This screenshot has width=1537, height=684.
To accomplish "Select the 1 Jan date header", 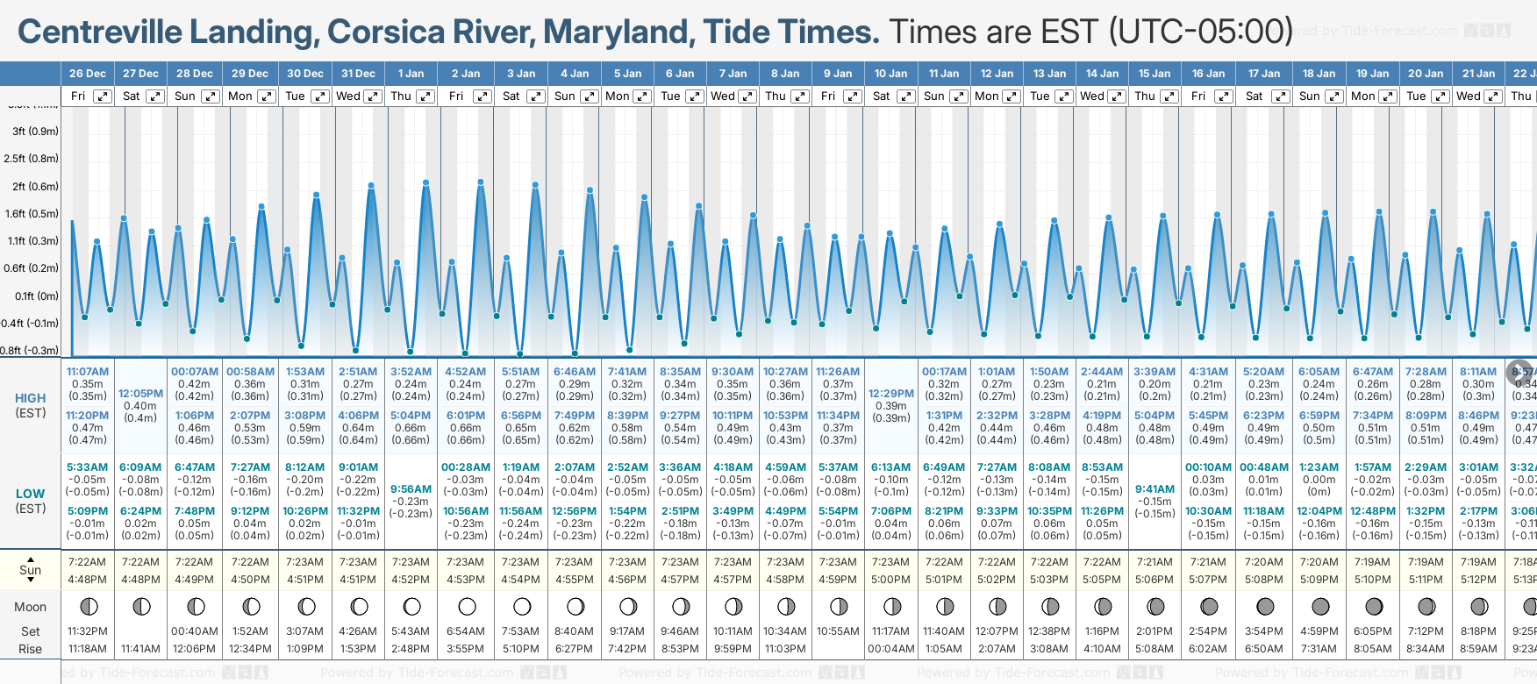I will click(x=411, y=74).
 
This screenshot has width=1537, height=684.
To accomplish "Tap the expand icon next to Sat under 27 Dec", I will click(x=155, y=96).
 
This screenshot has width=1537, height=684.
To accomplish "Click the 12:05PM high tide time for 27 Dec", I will click(x=141, y=394).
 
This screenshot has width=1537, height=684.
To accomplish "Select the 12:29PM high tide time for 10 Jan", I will click(x=891, y=394).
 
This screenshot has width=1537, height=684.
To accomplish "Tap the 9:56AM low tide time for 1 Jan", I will click(x=411, y=489).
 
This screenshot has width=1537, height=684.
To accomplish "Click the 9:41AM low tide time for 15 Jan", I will click(x=1155, y=489).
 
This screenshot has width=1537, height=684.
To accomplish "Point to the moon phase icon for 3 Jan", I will click(x=522, y=607).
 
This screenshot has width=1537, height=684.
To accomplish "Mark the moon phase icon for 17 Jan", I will click(x=1265, y=607).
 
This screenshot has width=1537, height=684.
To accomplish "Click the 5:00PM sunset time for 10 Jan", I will click(x=891, y=580).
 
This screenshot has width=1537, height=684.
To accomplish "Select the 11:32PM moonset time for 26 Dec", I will click(x=88, y=631).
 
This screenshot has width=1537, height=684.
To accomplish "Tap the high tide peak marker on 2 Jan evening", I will click(x=481, y=182).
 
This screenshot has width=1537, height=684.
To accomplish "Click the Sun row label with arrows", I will click(x=31, y=570).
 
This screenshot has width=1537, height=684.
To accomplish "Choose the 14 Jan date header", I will click(x=1102, y=74).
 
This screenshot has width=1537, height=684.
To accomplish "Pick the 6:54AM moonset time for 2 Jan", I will click(x=465, y=631).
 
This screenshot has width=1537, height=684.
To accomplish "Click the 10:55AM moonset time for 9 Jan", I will click(x=838, y=631).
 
